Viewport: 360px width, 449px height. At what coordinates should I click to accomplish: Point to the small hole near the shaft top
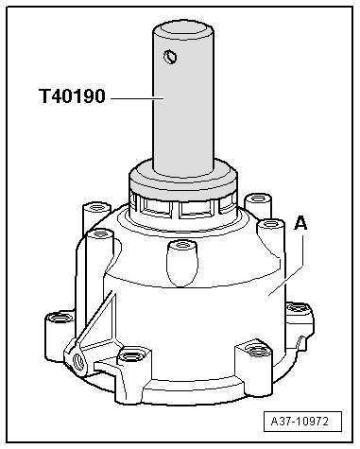[169, 58]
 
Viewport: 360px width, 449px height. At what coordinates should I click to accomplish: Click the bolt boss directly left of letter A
[269, 227]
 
